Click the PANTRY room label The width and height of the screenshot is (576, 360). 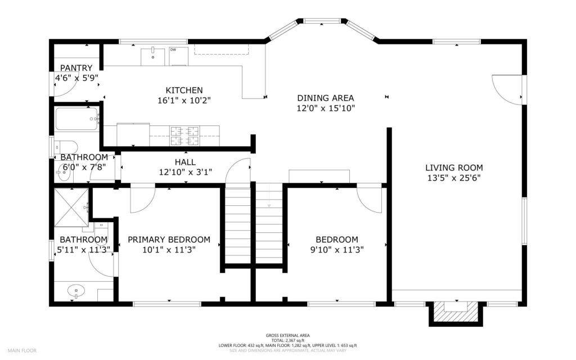click(76, 68)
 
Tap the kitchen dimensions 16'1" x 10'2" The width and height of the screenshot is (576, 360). click(184, 101)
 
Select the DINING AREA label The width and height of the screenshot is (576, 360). click(326, 98)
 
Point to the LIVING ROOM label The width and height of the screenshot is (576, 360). click(453, 167)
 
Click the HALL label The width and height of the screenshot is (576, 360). click(184, 161)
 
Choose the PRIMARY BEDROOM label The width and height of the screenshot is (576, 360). click(169, 240)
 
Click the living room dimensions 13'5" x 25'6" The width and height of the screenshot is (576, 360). click(453, 178)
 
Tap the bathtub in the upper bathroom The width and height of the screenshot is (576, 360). click(77, 119)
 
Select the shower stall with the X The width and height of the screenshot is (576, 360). click(71, 206)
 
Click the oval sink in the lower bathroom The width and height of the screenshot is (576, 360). click(75, 292)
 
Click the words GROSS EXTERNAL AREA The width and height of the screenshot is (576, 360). click(287, 335)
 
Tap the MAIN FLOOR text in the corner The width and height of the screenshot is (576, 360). click(22, 350)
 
